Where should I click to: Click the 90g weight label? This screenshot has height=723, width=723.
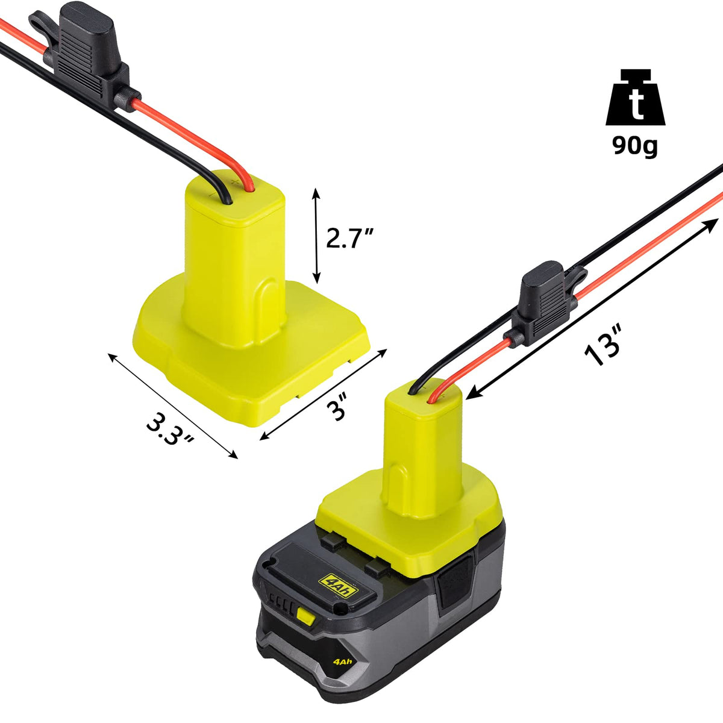635,145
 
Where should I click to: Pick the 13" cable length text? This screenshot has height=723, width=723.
604,346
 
